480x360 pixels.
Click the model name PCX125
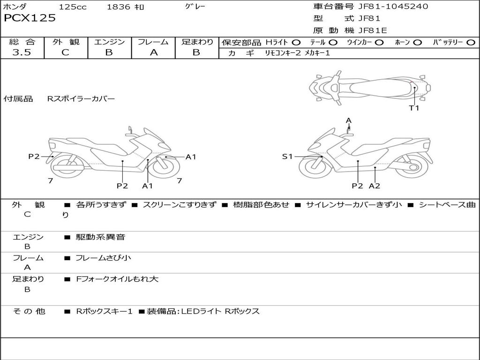point(30,18)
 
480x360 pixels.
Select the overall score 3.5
point(22,52)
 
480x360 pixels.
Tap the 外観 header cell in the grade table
point(66,42)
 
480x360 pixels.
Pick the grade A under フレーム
point(153,52)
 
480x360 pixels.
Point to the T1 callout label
point(414,108)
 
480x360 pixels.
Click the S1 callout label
point(287,157)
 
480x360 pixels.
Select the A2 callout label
point(374,186)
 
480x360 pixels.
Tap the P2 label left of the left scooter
point(34,157)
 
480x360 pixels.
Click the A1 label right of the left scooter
point(191,157)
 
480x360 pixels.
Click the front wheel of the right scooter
point(315,166)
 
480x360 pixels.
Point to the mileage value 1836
point(119,7)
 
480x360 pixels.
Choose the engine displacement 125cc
point(72,7)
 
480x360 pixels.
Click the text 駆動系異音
point(100,237)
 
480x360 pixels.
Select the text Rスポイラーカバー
point(81,99)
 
